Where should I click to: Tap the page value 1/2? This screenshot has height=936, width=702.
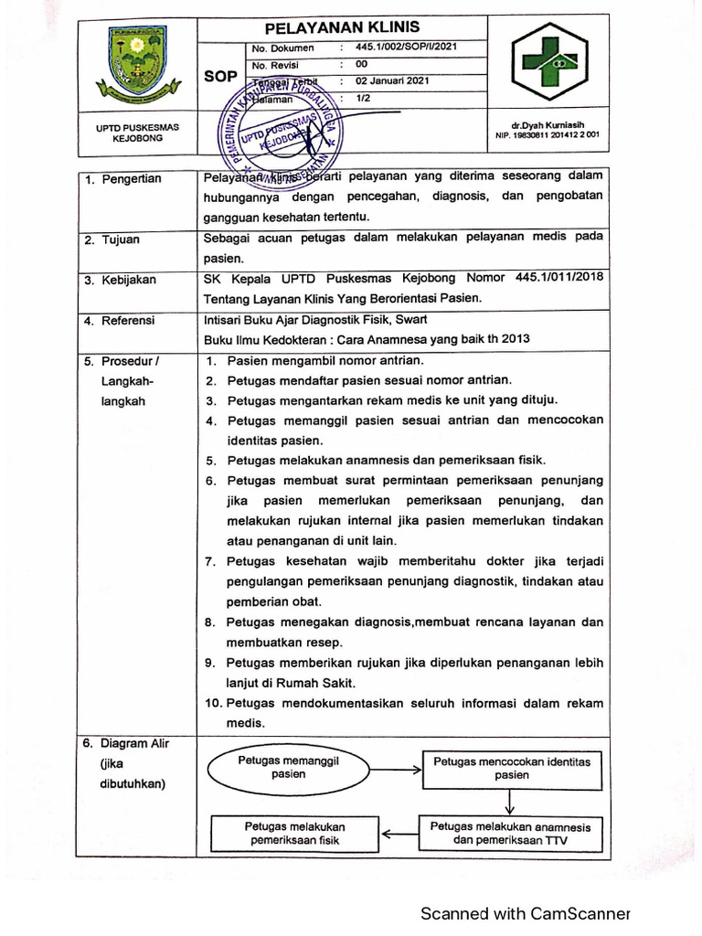pyautogui.click(x=363, y=97)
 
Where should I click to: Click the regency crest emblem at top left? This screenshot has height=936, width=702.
pyautogui.click(x=136, y=64)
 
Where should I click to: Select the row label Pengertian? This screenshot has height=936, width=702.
pyautogui.click(x=131, y=179)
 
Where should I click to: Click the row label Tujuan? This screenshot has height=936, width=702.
pyautogui.click(x=120, y=239)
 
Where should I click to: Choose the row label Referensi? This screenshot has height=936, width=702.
pyautogui.click(x=128, y=321)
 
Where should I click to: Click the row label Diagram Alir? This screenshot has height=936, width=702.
pyautogui.click(x=134, y=743)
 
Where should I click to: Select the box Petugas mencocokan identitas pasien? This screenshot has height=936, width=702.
pyautogui.click(x=512, y=768)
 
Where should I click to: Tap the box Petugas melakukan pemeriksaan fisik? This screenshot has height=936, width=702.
pyautogui.click(x=294, y=834)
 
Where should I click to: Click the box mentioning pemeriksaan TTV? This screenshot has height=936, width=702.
pyautogui.click(x=510, y=834)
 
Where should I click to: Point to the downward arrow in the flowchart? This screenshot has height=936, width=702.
pyautogui.click(x=510, y=802)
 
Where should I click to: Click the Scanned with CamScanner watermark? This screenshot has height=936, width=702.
pyautogui.click(x=525, y=914)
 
